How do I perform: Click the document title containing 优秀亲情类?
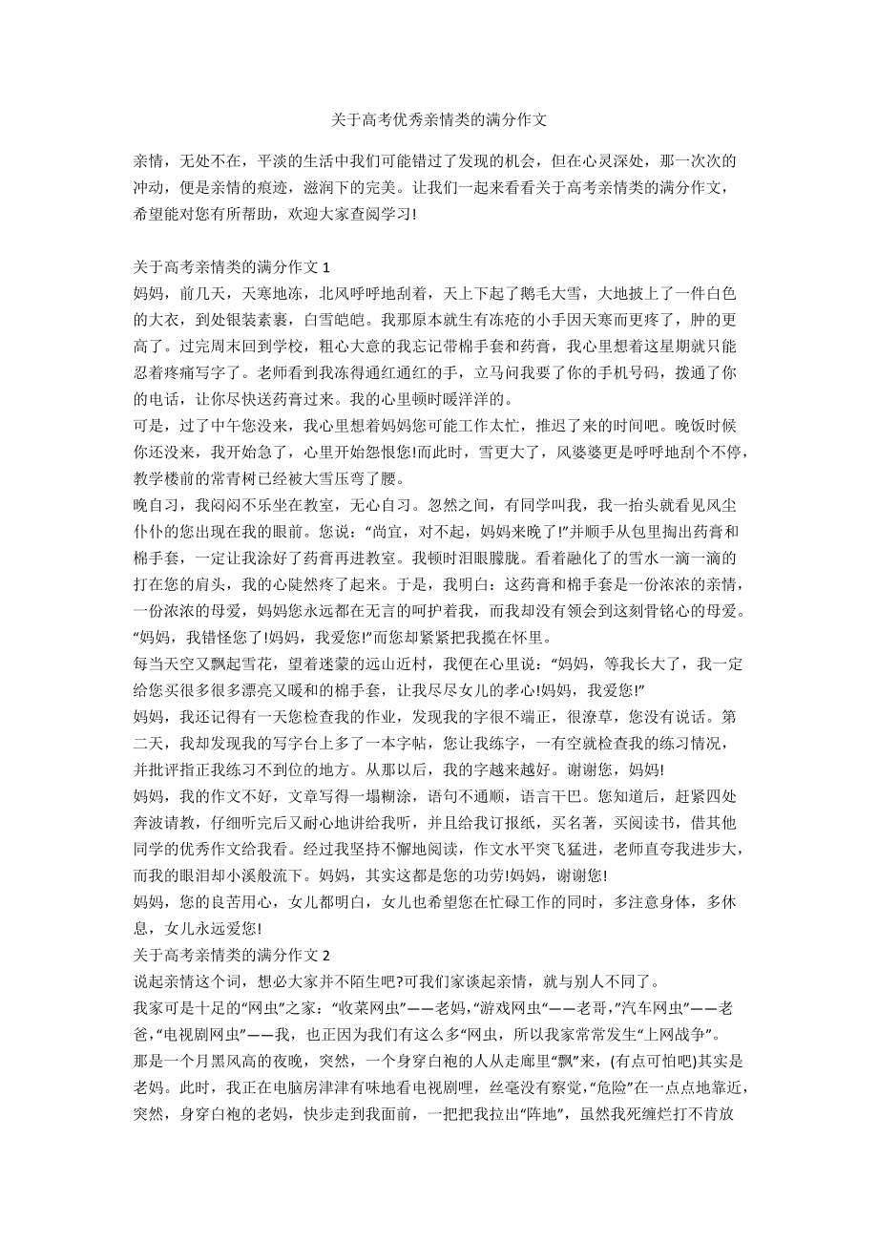pos(439,120)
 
